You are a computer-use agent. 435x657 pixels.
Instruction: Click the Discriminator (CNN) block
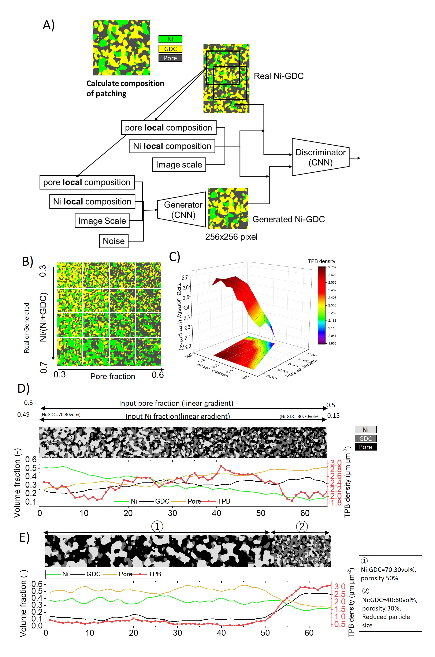(x=320, y=157)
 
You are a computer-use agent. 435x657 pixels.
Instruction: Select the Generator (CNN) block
(x=183, y=210)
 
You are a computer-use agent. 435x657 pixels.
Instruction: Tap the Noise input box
(x=114, y=241)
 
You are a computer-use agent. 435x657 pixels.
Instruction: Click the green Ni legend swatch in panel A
(x=170, y=39)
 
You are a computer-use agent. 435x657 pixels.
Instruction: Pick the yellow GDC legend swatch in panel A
(x=170, y=49)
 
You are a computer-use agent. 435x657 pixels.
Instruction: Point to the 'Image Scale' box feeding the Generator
(x=102, y=221)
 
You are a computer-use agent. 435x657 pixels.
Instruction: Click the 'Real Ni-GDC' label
(x=279, y=76)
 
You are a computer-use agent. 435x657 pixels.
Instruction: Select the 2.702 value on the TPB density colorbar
(x=332, y=267)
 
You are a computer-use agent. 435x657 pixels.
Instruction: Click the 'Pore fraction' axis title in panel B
(x=113, y=376)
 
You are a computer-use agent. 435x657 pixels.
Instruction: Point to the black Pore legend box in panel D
(x=365, y=447)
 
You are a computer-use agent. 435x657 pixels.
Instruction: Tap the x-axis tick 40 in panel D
(x=216, y=513)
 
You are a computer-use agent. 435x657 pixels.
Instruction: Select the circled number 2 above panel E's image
(x=302, y=526)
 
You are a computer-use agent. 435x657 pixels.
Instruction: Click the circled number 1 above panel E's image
(x=157, y=526)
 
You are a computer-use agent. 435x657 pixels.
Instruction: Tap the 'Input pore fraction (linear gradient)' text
(x=176, y=403)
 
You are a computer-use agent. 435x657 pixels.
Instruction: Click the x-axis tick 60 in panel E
(x=309, y=633)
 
